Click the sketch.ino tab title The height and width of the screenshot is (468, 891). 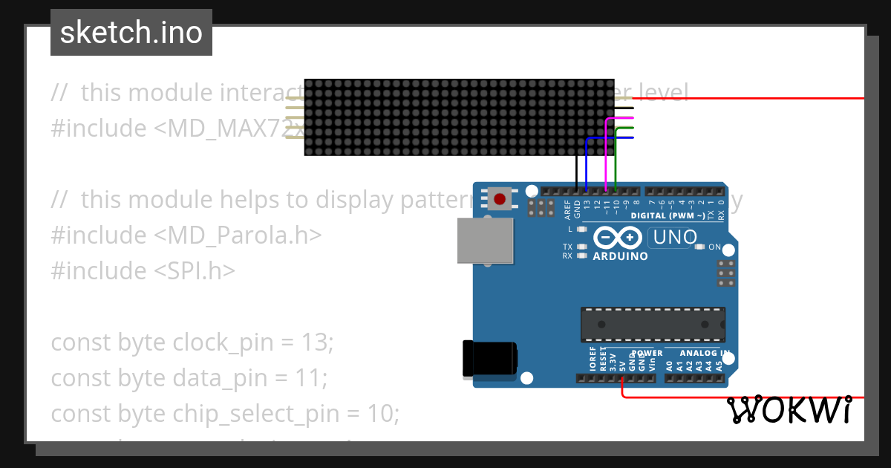coord(131,33)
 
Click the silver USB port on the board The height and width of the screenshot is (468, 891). coord(485,241)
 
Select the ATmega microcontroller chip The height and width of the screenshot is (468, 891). coord(653,325)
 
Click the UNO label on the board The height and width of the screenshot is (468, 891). coord(674,238)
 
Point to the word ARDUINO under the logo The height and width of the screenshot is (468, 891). coord(620,256)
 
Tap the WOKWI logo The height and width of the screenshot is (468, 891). coord(788,409)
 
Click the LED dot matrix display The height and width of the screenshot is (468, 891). coord(459,117)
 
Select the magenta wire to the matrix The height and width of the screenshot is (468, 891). coord(607,156)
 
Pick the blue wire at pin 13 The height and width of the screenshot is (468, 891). coord(587,163)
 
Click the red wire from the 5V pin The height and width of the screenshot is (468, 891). coord(742,397)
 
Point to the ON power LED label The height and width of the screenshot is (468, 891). coord(714,247)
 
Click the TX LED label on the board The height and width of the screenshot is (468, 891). coord(567,247)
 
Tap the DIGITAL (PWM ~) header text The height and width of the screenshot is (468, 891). coord(664,215)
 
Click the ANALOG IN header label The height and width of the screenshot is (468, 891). coord(705,353)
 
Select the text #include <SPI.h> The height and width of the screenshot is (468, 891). coord(143,270)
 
